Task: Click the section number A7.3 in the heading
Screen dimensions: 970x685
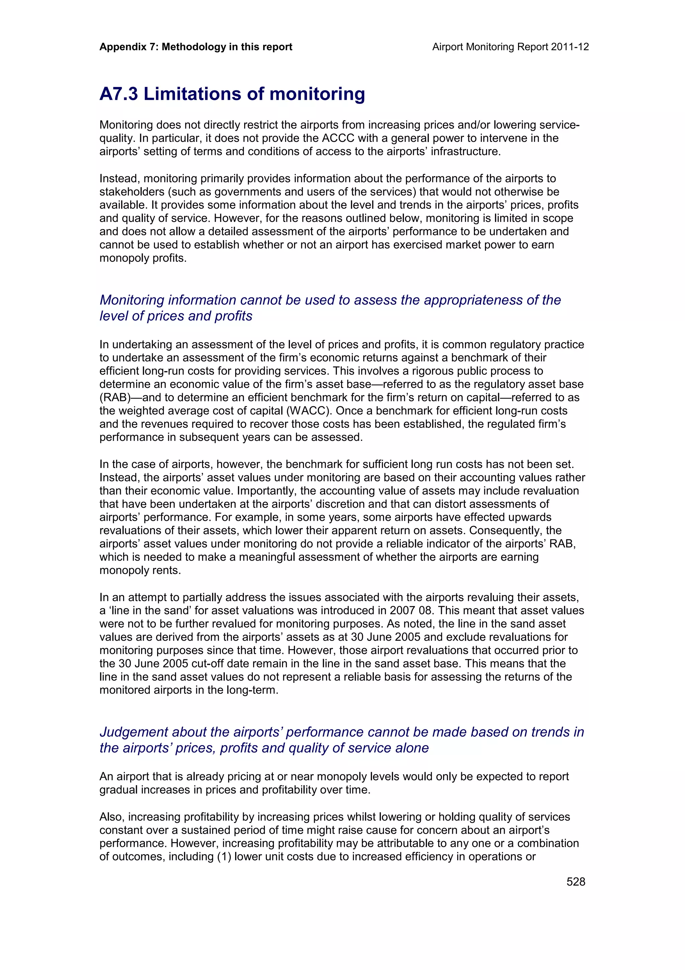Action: [x=119, y=94]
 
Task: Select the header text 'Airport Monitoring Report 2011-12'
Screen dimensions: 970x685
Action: [x=510, y=47]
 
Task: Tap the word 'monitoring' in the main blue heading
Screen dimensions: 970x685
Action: [x=317, y=94]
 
